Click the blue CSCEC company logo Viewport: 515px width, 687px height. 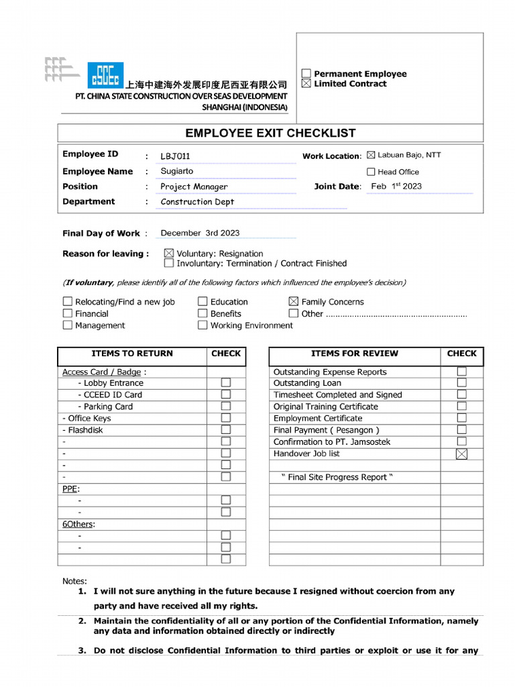click(105, 75)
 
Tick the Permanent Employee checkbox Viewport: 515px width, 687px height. click(306, 74)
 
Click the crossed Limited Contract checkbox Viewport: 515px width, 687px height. click(306, 84)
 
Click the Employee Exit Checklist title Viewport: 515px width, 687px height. click(270, 133)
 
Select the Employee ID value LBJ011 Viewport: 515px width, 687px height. click(175, 156)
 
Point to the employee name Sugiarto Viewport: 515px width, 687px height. click(177, 171)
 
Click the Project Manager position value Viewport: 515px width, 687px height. click(194, 187)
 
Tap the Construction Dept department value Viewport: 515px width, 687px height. click(197, 201)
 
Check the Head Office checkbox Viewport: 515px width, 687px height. click(371, 172)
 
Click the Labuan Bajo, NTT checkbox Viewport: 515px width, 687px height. click(371, 155)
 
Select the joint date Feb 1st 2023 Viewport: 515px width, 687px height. click(396, 187)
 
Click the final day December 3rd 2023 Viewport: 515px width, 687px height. click(200, 233)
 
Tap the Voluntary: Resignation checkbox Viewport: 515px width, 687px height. click(169, 254)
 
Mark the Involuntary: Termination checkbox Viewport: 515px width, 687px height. click(169, 264)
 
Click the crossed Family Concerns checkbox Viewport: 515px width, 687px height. click(293, 302)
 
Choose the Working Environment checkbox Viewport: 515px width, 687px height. click(203, 325)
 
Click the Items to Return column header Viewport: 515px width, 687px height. click(132, 354)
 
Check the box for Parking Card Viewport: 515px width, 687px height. click(226, 407)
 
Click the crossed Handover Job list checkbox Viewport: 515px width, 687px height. click(461, 454)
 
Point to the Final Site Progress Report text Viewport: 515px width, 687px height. click(337, 477)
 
